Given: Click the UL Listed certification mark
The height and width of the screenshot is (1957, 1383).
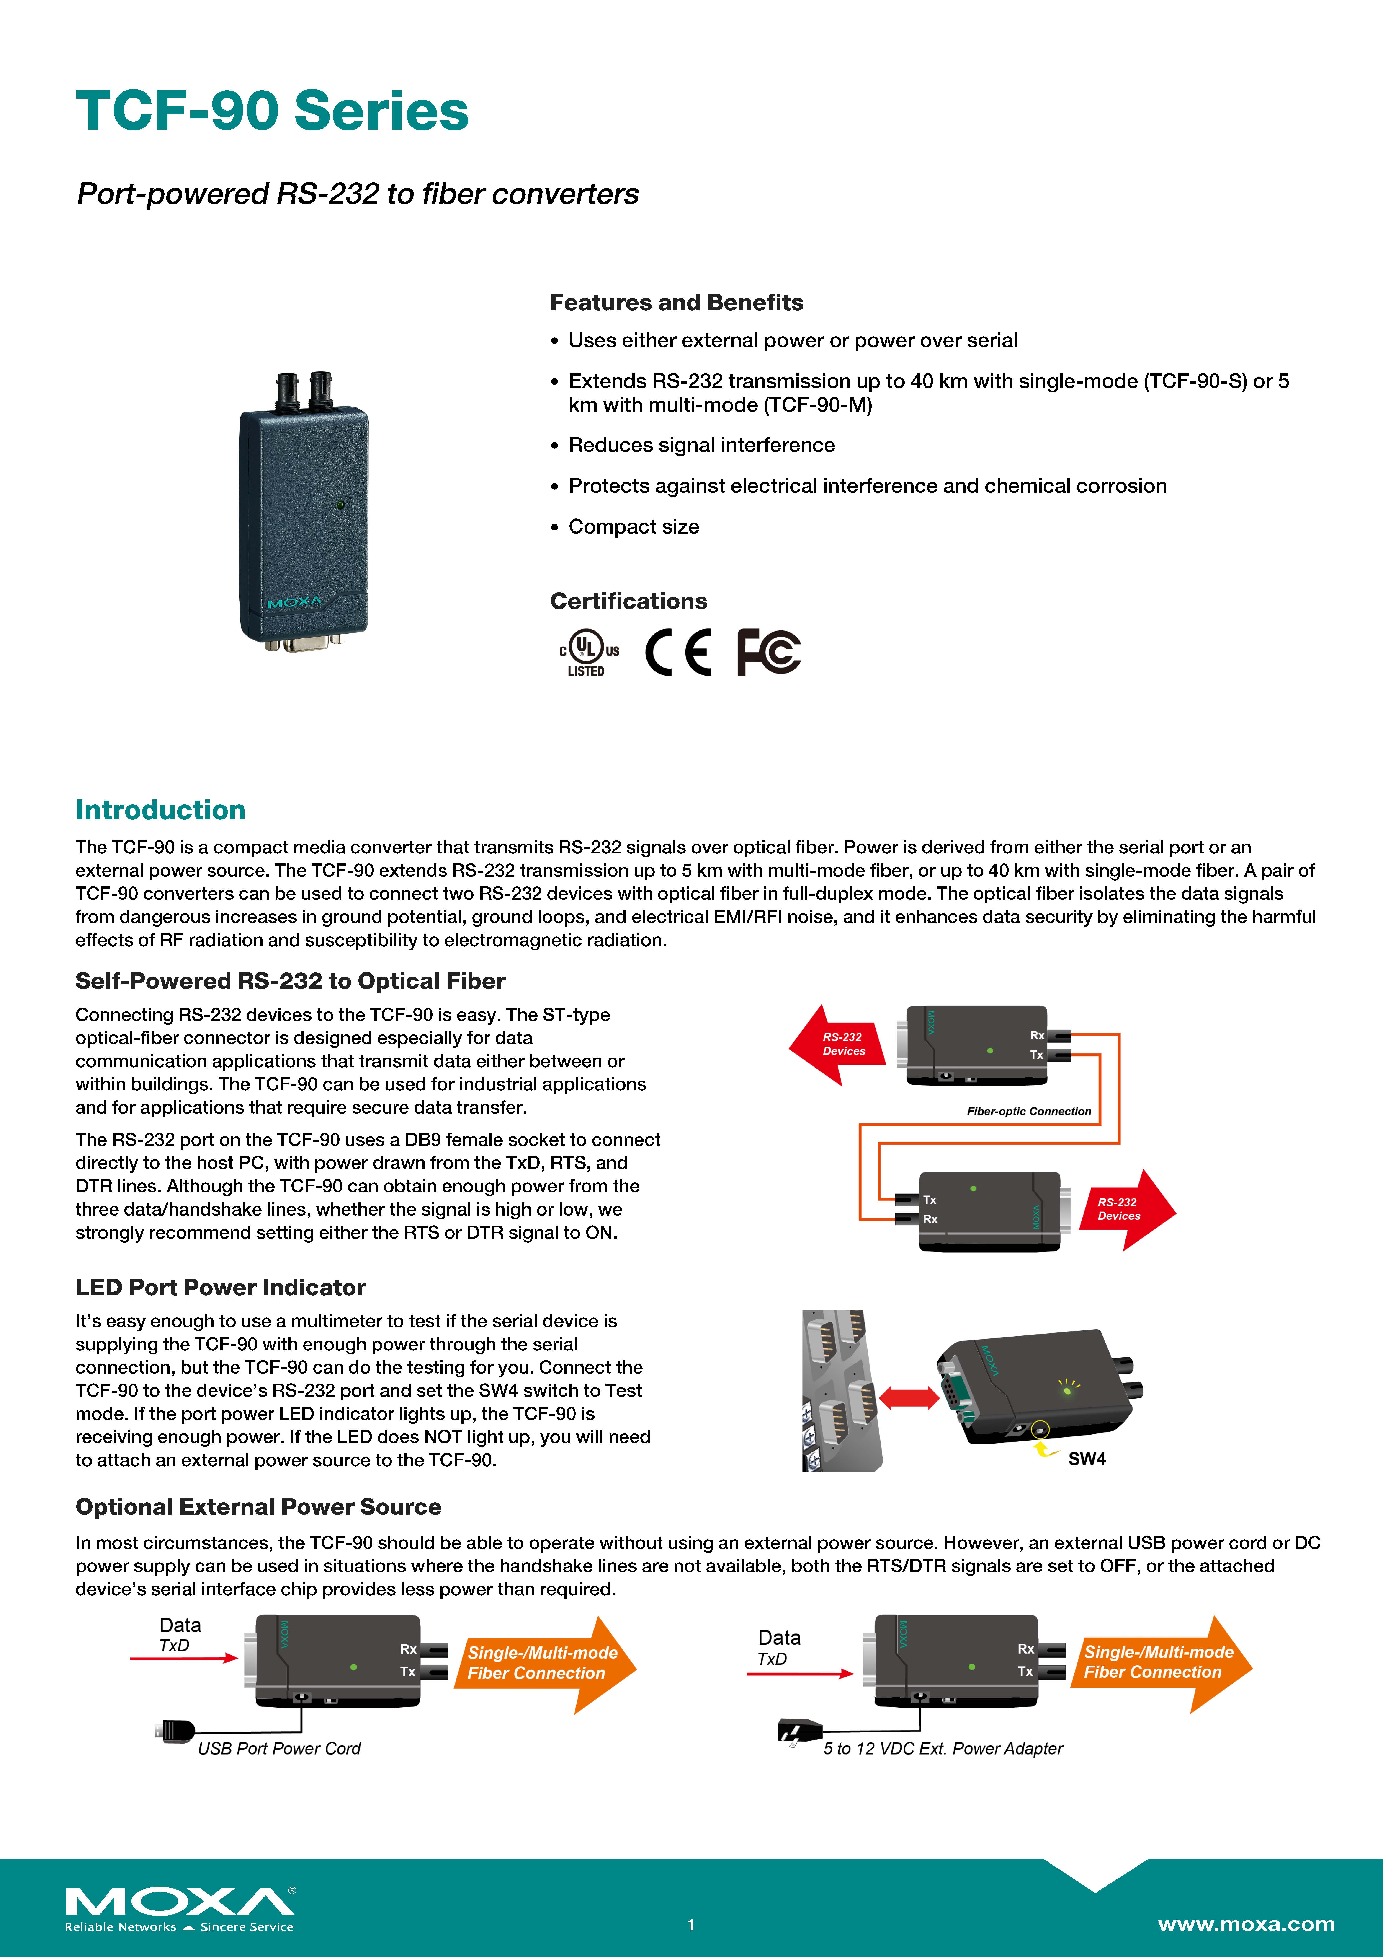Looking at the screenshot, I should [x=588, y=653].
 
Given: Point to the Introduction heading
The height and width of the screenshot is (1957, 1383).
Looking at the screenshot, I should [x=160, y=810].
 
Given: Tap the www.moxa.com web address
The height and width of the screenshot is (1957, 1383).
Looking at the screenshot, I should [x=1246, y=1924].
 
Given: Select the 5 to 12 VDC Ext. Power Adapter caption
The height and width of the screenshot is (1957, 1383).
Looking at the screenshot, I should [x=943, y=1748].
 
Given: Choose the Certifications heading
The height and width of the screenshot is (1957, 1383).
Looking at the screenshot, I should [x=628, y=601].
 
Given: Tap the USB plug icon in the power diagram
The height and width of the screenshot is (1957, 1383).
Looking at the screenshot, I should [x=176, y=1730].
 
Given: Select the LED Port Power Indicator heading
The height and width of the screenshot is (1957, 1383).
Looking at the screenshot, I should [x=221, y=1287].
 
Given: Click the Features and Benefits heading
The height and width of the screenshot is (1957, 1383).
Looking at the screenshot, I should [x=676, y=303].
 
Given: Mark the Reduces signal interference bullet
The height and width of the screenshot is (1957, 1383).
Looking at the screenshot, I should [x=701, y=445].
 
